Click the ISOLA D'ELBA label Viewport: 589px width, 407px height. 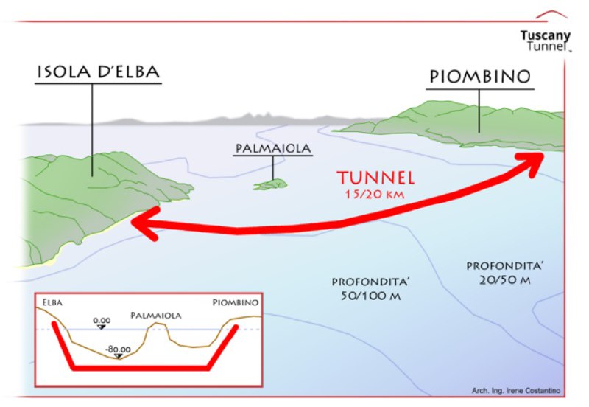click(x=99, y=72)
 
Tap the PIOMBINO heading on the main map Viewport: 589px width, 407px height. click(x=480, y=77)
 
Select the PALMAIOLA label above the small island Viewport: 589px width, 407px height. click(x=273, y=148)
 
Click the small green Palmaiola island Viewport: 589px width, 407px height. click(x=270, y=184)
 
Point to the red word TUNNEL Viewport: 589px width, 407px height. click(x=375, y=178)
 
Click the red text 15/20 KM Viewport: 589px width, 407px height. click(x=375, y=194)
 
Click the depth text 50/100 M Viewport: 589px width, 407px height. click(x=370, y=296)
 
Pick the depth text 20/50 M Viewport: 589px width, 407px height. click(x=504, y=280)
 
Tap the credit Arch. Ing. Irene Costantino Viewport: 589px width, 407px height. click(x=516, y=391)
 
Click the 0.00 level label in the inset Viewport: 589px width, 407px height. click(x=102, y=321)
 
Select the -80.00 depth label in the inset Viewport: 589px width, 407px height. click(x=118, y=349)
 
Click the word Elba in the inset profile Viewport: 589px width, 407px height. click(x=52, y=302)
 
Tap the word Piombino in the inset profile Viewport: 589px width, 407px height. click(x=236, y=302)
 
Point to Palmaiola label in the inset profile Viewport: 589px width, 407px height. click(x=156, y=316)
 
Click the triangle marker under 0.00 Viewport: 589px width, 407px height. click(x=102, y=327)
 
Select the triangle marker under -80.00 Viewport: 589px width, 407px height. click(x=119, y=356)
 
